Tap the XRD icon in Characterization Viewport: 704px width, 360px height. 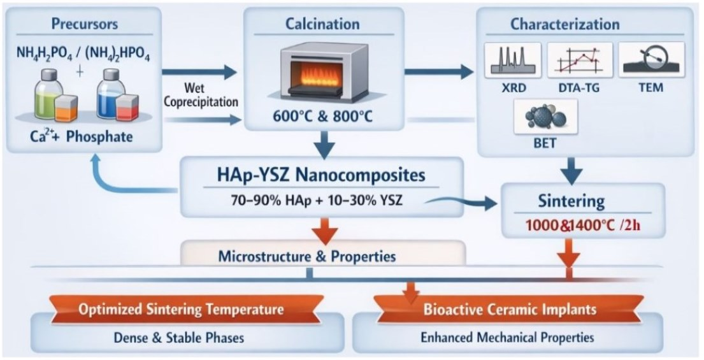click(x=513, y=61)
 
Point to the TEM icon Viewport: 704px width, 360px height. click(x=649, y=61)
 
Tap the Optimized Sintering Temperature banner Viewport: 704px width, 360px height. click(x=181, y=310)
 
